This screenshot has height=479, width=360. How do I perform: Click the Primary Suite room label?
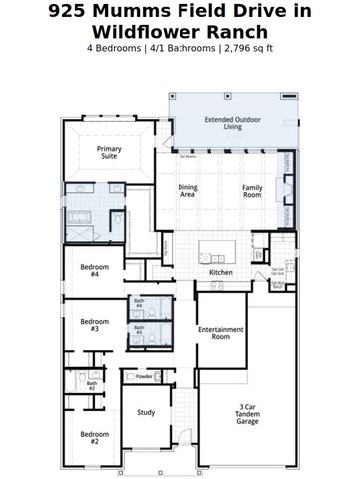point(109,152)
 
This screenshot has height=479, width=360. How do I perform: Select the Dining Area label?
point(187,191)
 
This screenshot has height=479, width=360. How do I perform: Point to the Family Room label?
point(253,191)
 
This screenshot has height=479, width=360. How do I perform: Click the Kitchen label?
point(220,272)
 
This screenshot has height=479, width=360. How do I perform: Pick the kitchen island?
point(221,248)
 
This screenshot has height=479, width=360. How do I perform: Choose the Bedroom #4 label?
point(94,270)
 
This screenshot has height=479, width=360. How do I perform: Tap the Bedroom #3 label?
point(94,325)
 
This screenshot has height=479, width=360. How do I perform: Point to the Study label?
point(146,412)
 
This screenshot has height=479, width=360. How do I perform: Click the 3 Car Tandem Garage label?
point(248,414)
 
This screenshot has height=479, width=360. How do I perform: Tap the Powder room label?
point(144,376)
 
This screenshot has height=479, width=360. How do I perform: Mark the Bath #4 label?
point(140,303)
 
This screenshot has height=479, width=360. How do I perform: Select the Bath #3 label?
point(140,331)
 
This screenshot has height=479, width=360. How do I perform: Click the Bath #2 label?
point(92,385)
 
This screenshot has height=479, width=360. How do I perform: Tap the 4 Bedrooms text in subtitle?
point(114,47)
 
